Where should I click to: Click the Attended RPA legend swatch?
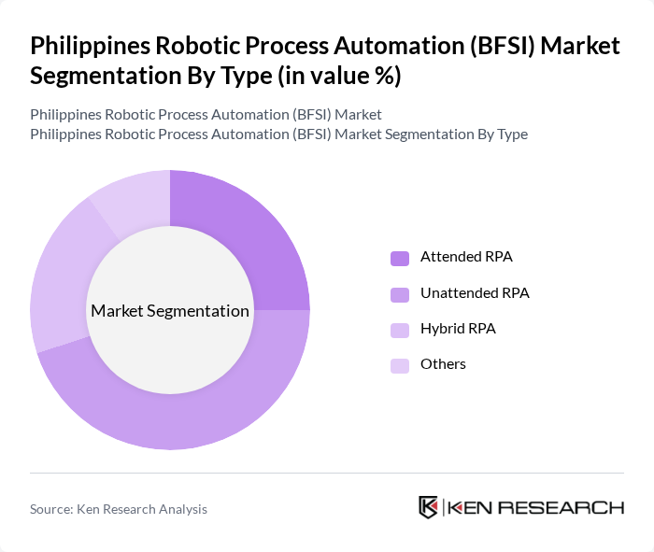(400, 258)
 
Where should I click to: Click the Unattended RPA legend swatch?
(400, 294)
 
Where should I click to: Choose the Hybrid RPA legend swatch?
(400, 330)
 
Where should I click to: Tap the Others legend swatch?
(400, 365)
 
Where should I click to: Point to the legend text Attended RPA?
(466, 257)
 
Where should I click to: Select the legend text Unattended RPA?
(475, 293)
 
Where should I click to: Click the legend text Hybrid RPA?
(458, 329)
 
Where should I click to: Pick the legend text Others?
(443, 364)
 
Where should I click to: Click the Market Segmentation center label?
(170, 311)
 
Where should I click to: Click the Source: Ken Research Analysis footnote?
(119, 509)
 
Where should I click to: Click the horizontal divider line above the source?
(327, 473)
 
